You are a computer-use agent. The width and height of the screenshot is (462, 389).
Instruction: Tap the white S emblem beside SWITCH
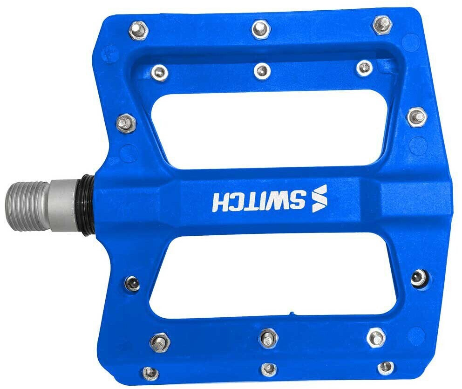click(x=319, y=198)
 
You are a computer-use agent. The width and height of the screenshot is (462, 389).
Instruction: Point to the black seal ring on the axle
click(x=88, y=205)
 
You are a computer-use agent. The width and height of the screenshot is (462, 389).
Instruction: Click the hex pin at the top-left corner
click(x=138, y=30)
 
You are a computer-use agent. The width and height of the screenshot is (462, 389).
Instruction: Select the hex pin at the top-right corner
click(x=382, y=24)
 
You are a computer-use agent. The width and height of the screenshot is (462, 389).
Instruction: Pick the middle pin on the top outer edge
click(x=261, y=28)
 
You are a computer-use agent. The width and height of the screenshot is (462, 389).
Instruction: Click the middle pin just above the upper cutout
click(x=262, y=71)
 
